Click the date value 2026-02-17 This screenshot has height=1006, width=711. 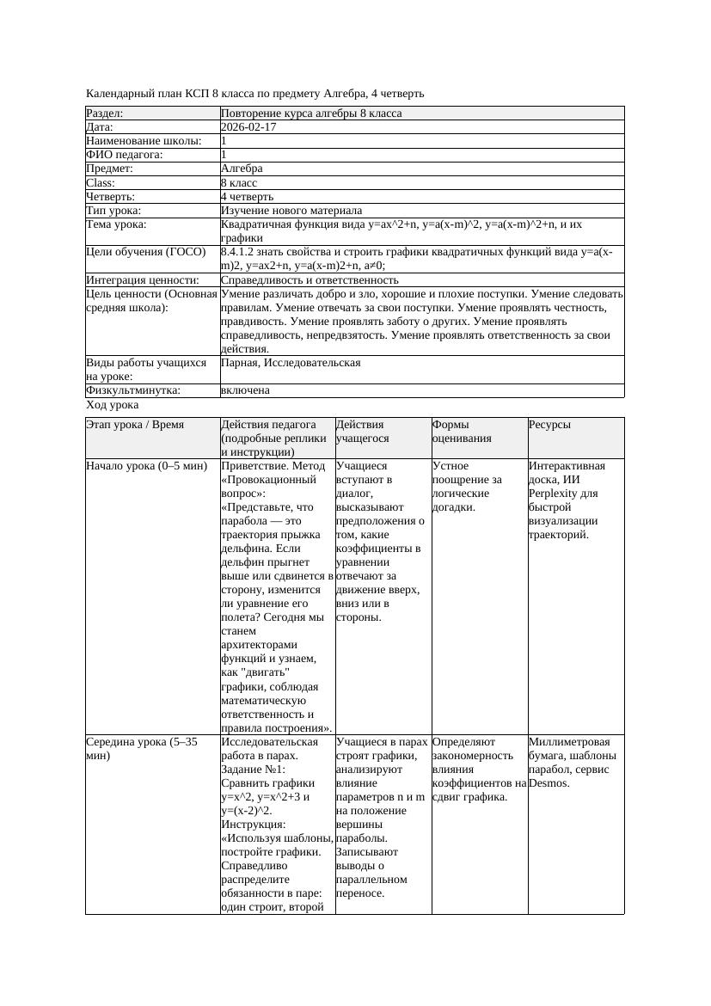tap(248, 127)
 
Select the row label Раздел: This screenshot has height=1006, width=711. tap(105, 113)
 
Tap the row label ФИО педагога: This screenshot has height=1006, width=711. tap(125, 155)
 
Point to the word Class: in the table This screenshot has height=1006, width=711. tap(101, 182)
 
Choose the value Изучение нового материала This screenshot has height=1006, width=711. tap(291, 210)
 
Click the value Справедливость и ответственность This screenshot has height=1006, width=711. tap(309, 279)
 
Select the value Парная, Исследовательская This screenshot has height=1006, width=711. tap(291, 363)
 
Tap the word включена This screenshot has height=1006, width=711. tap(245, 390)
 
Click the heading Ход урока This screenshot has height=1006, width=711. tap(113, 404)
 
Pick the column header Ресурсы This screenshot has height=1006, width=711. tap(549, 425)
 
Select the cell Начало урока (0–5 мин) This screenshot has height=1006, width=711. tap(147, 466)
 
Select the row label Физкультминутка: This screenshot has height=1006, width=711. tap(133, 390)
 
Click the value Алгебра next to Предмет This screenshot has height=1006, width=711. tap(242, 169)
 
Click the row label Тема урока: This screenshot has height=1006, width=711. tap(116, 224)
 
